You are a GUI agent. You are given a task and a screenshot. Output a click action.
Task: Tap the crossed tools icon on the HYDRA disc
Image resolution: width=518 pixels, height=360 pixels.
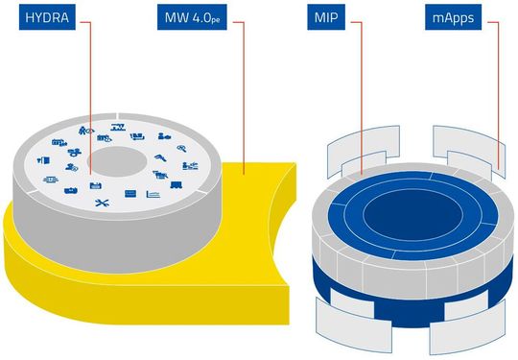pyautogui.click(x=105, y=204)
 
